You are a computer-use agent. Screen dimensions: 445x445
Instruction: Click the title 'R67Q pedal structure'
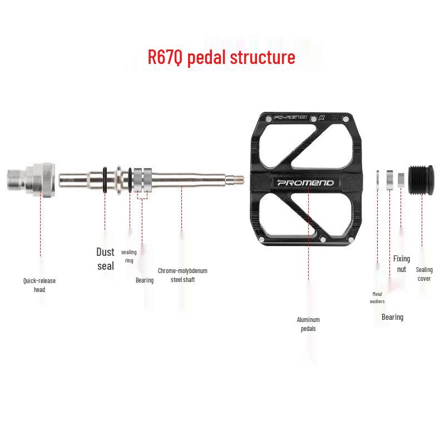tap(221, 57)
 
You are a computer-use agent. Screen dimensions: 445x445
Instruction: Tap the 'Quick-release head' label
tap(39, 285)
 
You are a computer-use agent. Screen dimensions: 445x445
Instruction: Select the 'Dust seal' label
tap(105, 259)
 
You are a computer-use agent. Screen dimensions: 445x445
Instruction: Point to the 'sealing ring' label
tap(129, 256)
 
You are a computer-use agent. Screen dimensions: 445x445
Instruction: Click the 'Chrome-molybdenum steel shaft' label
tap(182, 275)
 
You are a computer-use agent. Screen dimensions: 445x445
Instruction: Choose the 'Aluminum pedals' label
tap(308, 324)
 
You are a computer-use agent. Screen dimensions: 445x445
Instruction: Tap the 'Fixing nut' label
tap(402, 264)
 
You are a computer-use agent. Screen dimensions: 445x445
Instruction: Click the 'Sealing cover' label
tap(424, 274)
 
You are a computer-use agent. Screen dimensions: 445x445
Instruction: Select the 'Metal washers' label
tap(377, 298)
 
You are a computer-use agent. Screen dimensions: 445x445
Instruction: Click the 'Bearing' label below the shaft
tap(145, 280)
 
